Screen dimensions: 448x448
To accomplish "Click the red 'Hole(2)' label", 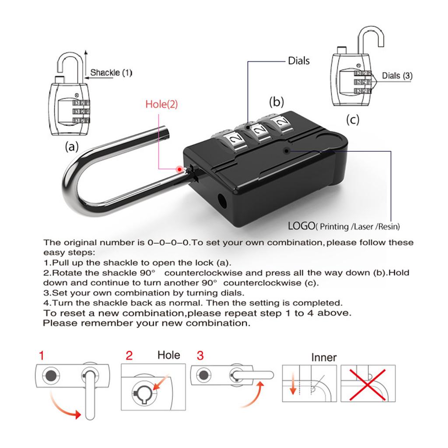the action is tap(161, 104).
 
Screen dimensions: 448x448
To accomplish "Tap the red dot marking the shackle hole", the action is tap(179, 169).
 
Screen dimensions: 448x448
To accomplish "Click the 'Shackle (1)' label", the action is tap(111, 73).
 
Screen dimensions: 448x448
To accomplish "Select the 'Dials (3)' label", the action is tap(397, 76).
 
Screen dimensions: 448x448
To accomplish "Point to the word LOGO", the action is tap(301, 226).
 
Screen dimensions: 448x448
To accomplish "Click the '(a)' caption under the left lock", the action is tap(72, 147).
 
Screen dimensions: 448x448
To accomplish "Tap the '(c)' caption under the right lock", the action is tap(353, 119).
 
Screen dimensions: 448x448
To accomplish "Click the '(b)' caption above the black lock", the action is tap(276, 102).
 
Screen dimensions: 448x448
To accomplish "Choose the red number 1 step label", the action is tap(42, 356).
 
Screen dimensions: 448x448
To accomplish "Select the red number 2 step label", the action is tap(129, 355).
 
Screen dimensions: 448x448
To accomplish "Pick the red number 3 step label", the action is tap(200, 355).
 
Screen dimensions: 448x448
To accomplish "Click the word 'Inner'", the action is tap(324, 357).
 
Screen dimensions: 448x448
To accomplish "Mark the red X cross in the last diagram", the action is tap(367, 385).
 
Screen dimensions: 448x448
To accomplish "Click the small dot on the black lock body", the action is tap(286, 151).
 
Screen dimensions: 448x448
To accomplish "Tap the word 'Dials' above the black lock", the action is tap(298, 61).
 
